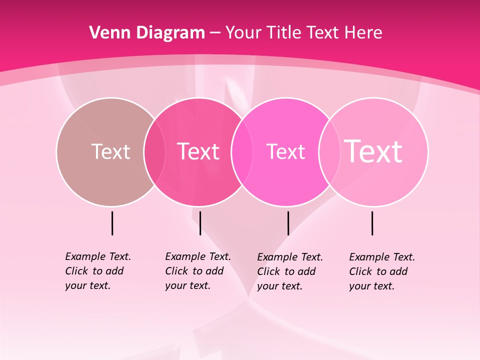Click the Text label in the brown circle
coord(110,151)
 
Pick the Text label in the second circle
coord(198,151)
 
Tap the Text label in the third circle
coord(285,151)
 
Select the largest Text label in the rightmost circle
coord(373,151)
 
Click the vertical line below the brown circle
coord(112,223)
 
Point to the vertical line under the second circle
coord(200,223)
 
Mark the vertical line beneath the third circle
coord(288,223)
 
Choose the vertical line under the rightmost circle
coord(372,223)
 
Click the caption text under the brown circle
coord(97,271)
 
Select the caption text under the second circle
coord(197,271)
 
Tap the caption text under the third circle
coord(289,271)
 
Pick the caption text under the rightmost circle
coord(381,271)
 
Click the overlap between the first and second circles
coord(154,152)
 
